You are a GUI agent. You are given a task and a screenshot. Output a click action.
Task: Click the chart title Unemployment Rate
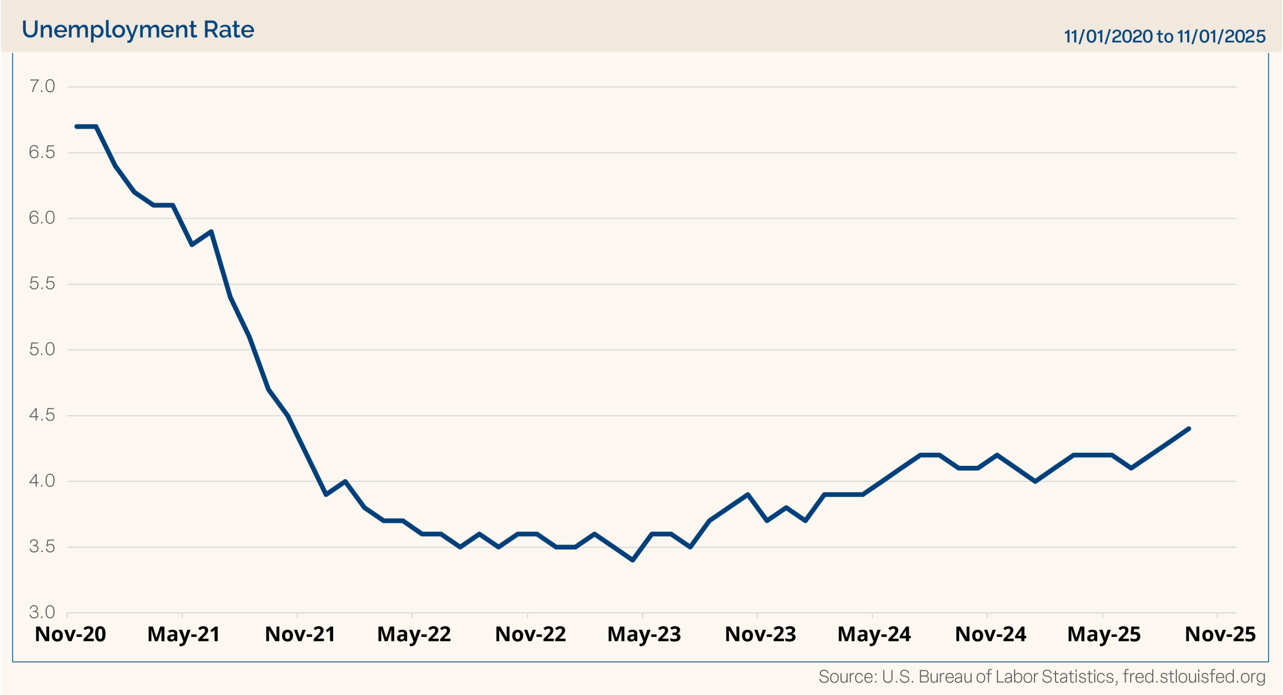click(x=138, y=30)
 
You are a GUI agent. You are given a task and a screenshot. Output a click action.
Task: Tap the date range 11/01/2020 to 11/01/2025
click(x=1164, y=36)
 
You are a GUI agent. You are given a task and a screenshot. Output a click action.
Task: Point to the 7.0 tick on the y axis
click(x=42, y=86)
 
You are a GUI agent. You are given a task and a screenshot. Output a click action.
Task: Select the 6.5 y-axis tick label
click(x=42, y=152)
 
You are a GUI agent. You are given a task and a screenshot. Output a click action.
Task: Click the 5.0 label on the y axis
click(x=42, y=349)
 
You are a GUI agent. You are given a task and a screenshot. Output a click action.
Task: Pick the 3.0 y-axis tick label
click(x=42, y=612)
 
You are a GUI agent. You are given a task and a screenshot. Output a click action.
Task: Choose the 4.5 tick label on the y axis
click(x=42, y=415)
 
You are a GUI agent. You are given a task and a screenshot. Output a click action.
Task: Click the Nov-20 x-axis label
click(x=70, y=634)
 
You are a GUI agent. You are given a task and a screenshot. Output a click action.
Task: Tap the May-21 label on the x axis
click(x=183, y=634)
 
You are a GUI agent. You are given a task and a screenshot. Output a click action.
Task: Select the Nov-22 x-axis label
click(x=530, y=634)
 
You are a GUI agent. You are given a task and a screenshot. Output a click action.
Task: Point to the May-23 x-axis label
click(x=644, y=634)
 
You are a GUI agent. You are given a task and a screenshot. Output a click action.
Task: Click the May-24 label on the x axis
click(x=874, y=634)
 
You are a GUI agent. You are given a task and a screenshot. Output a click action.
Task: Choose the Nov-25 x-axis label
click(x=1220, y=634)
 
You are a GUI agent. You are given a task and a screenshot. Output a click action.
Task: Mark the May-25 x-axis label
click(x=1104, y=634)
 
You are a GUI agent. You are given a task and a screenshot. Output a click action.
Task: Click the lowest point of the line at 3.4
click(x=633, y=560)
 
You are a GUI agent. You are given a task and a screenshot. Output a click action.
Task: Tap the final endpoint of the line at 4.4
click(x=1189, y=429)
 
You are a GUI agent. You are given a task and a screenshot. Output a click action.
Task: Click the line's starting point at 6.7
click(x=77, y=126)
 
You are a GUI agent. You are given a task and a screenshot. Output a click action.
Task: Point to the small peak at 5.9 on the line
click(x=211, y=232)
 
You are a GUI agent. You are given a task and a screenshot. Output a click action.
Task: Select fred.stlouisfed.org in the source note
click(x=1194, y=676)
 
